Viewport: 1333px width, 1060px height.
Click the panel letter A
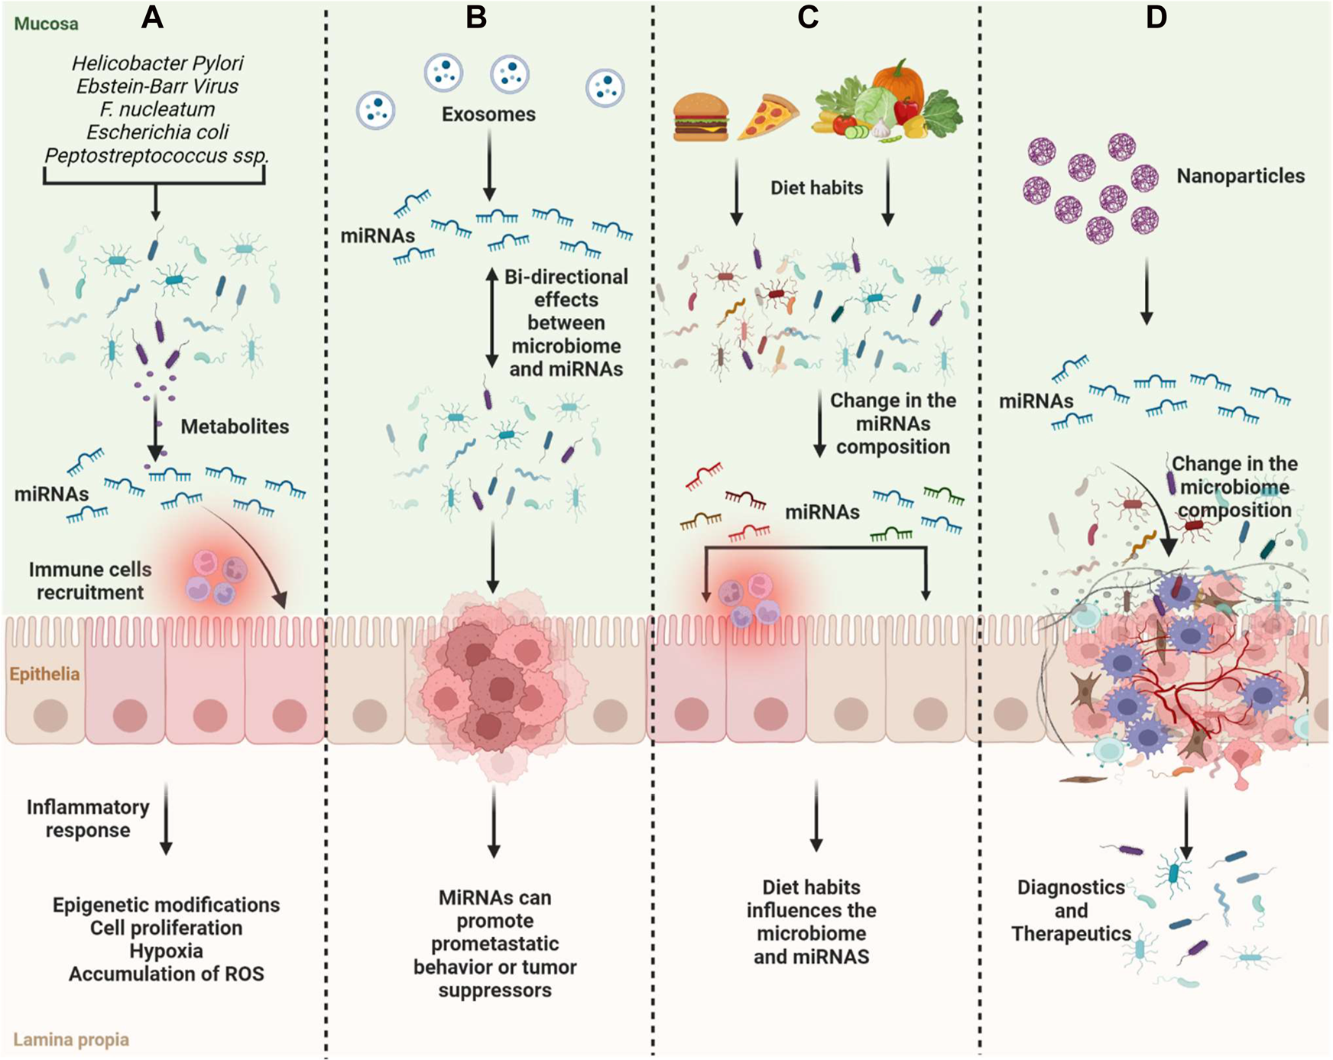tap(152, 17)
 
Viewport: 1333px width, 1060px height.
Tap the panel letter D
tap(1156, 17)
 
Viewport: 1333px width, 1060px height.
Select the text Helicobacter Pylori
tap(157, 63)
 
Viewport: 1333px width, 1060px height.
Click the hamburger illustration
tap(700, 117)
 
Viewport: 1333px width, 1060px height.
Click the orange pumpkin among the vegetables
tap(899, 80)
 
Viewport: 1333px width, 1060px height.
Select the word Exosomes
tap(488, 115)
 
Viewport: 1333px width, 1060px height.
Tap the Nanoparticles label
tap(1240, 176)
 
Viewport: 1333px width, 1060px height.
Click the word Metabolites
tap(235, 426)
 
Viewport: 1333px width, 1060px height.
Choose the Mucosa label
tap(46, 24)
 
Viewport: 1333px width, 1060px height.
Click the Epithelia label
tap(44, 674)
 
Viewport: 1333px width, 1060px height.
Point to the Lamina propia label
tap(71, 1039)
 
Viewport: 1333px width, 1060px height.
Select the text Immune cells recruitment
tap(90, 581)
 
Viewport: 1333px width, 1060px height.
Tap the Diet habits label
tap(816, 188)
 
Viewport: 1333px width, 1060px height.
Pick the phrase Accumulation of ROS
tap(166, 974)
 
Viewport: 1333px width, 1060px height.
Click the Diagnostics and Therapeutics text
tap(1070, 910)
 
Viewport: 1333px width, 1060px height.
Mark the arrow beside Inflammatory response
tap(166, 818)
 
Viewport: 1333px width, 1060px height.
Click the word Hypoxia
tap(166, 951)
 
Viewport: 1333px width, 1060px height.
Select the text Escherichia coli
tap(157, 132)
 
